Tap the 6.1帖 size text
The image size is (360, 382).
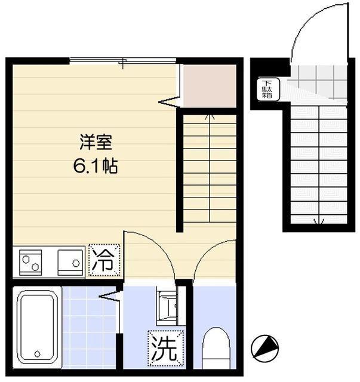coord(96,166)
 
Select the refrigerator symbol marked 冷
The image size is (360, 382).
coord(104,261)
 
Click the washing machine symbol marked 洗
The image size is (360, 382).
coord(163,347)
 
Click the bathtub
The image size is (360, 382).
coord(37,327)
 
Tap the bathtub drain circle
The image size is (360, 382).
coord(37,353)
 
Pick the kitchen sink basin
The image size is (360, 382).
coord(69,261)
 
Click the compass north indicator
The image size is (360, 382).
coord(265,347)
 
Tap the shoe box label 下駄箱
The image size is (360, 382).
coord(265,88)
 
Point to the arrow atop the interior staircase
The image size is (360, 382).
coord(210,117)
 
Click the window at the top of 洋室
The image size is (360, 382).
coord(122,60)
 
